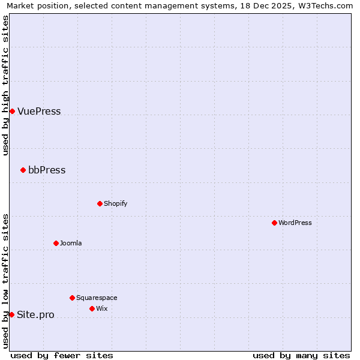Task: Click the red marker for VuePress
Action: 12,111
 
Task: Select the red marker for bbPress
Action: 23,170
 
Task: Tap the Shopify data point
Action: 100,203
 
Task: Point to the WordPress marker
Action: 274,223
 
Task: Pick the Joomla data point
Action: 56,243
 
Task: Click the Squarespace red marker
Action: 72,298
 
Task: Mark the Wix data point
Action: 92,308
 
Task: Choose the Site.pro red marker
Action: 11,314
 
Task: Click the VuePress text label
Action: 39,111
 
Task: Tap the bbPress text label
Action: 47,170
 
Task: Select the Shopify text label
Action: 116,203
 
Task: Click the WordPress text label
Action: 295,223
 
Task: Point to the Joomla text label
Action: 71,243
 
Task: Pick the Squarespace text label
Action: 97,298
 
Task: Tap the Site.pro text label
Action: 35,314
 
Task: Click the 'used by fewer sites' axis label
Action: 62,355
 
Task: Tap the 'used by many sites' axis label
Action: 301,355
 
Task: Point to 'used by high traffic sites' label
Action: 5,85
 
